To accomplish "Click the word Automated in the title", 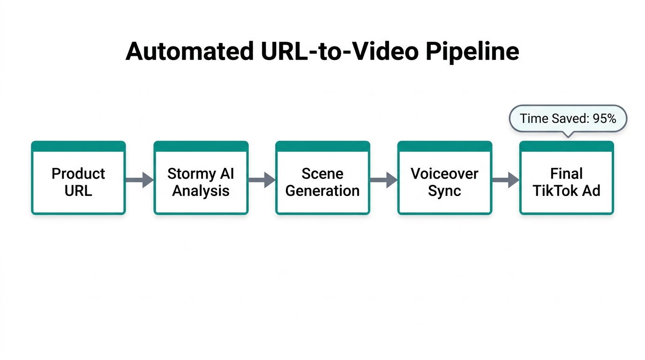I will click(189, 52).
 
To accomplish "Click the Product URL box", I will click(78, 178).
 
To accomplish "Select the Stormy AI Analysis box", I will click(201, 178).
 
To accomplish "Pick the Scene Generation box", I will click(322, 178).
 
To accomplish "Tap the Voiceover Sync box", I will click(444, 178).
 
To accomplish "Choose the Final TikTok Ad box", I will click(566, 178).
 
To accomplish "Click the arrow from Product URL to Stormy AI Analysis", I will click(140, 180).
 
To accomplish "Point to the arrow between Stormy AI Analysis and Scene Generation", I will click(262, 180).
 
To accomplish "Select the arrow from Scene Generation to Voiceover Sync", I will click(383, 180).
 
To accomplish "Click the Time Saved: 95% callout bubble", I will click(568, 119).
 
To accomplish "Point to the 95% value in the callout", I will click(604, 119).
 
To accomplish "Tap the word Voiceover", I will click(444, 174).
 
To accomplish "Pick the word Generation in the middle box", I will click(322, 191).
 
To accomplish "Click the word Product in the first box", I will click(78, 174).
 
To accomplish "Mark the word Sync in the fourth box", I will click(444, 191).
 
